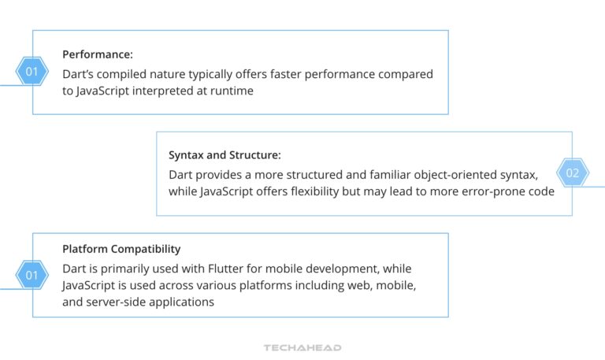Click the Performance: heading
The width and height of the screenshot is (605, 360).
(98, 54)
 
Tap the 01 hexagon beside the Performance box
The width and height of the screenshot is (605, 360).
(32, 72)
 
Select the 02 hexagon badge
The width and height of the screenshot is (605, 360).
(572, 173)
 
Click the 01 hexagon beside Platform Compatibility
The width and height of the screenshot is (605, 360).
(32, 275)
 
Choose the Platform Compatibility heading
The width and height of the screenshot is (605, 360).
(121, 250)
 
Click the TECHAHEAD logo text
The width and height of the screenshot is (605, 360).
(302, 347)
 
